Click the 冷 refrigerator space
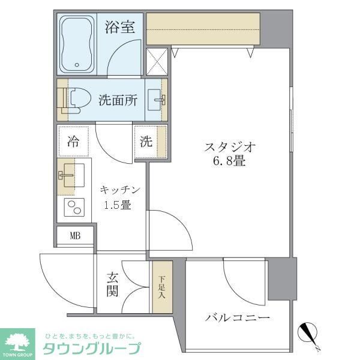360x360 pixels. point(73,142)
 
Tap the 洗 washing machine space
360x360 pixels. point(146,142)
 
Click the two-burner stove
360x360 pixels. point(75,207)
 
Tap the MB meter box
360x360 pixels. point(75,235)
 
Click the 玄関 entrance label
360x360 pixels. point(113,284)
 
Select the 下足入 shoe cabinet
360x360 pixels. point(161,286)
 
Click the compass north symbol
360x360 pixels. point(310,332)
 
